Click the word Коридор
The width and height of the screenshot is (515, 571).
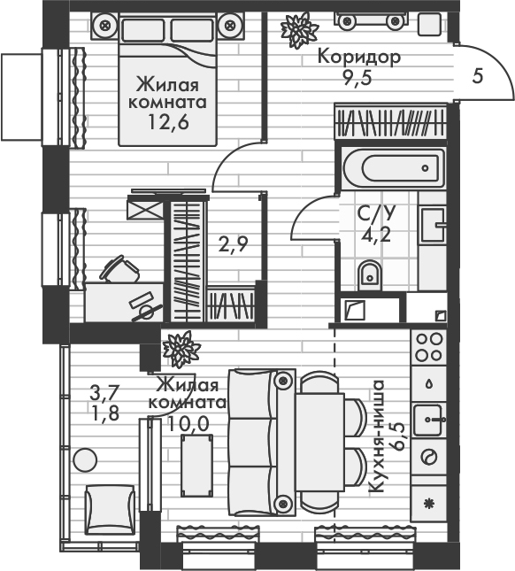pyautogui.click(x=358, y=58)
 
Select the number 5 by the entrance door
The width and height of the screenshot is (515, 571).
pyautogui.click(x=478, y=75)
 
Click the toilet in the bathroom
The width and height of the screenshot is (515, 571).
pyautogui.click(x=369, y=276)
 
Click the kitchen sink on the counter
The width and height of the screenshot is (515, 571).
pyautogui.click(x=429, y=413)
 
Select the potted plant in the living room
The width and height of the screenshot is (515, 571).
pyautogui.click(x=181, y=348)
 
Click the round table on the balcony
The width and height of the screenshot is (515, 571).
pyautogui.click(x=85, y=460)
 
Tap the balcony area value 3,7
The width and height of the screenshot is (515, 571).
pyautogui.click(x=105, y=389)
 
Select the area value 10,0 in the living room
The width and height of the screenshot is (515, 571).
pyautogui.click(x=189, y=422)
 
